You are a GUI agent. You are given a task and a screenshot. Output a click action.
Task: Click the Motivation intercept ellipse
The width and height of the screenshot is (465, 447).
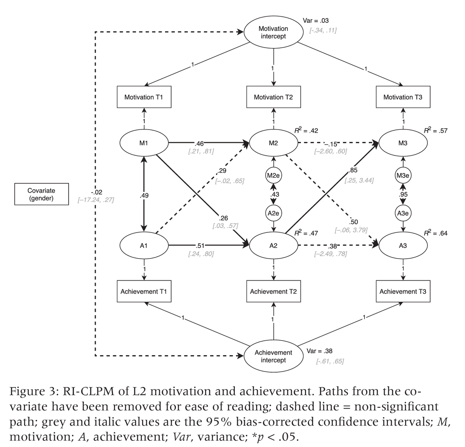pos(273,33)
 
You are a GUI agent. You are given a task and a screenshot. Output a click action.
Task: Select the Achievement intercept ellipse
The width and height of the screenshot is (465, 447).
pos(273,356)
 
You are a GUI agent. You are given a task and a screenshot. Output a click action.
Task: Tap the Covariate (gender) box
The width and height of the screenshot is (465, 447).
pos(41,194)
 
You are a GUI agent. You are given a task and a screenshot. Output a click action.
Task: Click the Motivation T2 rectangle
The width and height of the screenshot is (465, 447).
pos(273,97)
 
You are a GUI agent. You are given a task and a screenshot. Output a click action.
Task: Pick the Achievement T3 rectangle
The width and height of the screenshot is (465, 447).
pos(403,291)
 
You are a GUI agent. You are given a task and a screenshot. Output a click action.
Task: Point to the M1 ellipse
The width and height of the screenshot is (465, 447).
pos(144,143)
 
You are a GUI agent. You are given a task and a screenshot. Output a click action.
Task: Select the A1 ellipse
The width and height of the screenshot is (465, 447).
pos(144,246)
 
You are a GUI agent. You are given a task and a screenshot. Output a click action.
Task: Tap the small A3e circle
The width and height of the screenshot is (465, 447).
pos(403,213)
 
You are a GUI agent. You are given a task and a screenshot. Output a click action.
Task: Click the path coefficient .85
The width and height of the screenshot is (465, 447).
pos(353,170)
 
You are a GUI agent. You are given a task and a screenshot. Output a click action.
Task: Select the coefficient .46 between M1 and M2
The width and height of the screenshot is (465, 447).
pos(199,143)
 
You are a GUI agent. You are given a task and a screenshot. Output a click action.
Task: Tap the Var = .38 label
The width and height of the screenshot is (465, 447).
pos(319,351)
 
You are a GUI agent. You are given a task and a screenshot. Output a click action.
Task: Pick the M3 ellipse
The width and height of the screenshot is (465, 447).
pos(403,143)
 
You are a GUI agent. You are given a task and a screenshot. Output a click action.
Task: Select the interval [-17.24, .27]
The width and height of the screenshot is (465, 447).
pos(95,200)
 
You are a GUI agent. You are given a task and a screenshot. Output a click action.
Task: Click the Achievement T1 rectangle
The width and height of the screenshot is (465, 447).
pos(144,291)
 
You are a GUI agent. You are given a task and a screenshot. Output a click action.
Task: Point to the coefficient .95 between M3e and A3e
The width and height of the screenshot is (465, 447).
pos(403,194)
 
